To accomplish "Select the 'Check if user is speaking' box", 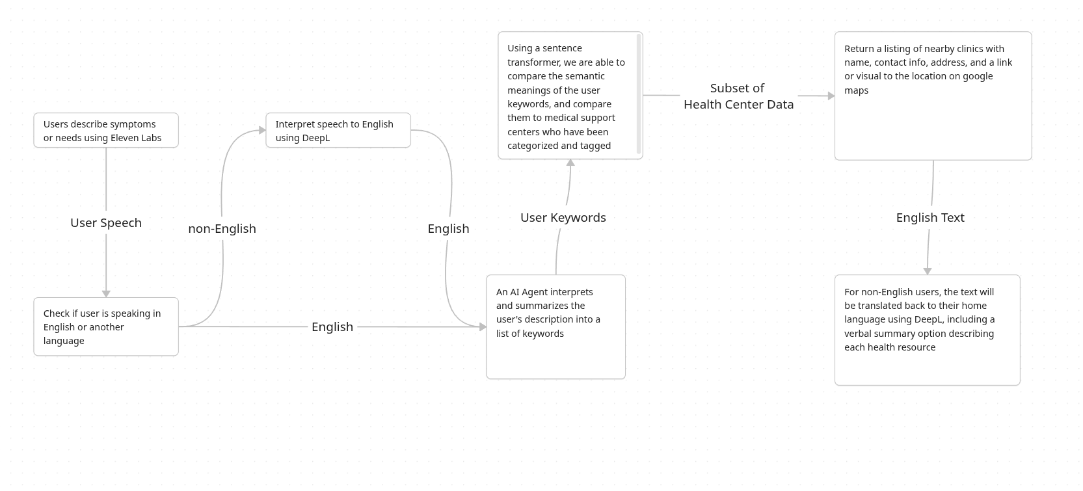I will (x=106, y=326).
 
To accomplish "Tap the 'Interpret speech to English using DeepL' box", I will (x=338, y=130).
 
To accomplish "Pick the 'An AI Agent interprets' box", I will (x=555, y=326).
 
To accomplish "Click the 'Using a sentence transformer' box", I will (x=566, y=96).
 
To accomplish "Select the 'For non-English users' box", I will (x=927, y=330).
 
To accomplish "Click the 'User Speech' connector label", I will (x=106, y=223).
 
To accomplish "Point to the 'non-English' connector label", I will (x=222, y=229).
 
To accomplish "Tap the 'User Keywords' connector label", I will (x=563, y=218).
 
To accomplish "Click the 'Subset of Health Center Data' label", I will (x=738, y=96).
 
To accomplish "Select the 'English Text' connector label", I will (x=930, y=218).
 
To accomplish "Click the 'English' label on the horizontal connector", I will (x=332, y=327).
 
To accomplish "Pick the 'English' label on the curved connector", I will (x=448, y=229).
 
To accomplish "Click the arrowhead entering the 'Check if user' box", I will (x=106, y=294).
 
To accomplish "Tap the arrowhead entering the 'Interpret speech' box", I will (x=262, y=130).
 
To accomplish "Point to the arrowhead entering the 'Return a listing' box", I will (x=831, y=96).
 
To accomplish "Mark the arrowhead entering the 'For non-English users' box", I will (x=928, y=271).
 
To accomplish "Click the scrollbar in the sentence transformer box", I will (x=639, y=94).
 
